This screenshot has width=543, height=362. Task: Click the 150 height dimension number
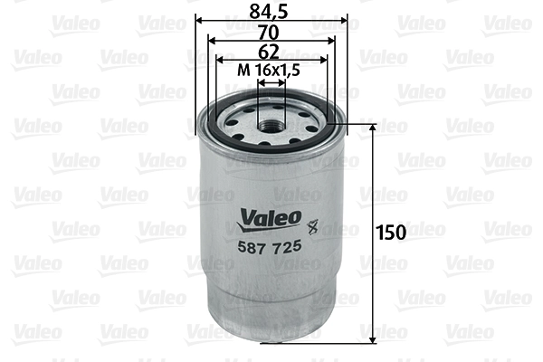392,233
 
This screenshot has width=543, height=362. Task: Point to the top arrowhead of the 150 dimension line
373,129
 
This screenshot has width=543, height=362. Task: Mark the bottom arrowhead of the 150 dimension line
373,340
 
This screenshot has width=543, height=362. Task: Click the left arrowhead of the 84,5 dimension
199,19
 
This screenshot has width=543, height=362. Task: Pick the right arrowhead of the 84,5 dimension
344,19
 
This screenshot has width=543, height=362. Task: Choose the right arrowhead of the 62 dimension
325,60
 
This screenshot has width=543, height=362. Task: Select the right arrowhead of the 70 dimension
331,40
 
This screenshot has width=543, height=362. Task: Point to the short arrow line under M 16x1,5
271,81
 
